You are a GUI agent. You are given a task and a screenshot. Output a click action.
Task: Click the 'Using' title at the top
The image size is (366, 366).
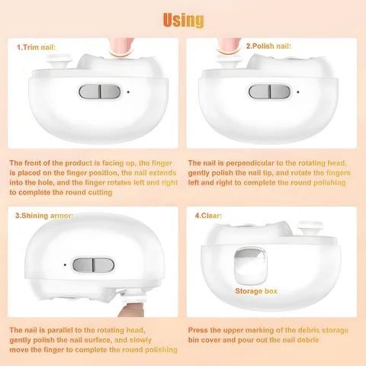(183, 20)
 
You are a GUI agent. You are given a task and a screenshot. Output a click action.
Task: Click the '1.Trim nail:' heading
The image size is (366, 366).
(36, 47)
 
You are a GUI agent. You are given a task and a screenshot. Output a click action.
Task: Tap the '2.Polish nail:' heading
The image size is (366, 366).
(268, 47)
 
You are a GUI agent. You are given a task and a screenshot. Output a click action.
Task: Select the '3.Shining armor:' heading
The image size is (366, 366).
(44, 216)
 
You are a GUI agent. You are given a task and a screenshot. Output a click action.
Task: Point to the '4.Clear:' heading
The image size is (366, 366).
(208, 216)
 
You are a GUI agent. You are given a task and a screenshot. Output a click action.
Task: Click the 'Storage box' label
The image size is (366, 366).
(256, 291)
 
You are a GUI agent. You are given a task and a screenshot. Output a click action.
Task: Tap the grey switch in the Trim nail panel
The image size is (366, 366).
(99, 91)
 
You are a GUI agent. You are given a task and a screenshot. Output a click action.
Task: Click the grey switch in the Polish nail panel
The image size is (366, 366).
(269, 91)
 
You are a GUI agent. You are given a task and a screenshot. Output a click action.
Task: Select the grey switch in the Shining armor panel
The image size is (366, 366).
(93, 265)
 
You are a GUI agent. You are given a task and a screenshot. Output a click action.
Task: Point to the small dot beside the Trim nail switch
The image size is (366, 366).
(128, 91)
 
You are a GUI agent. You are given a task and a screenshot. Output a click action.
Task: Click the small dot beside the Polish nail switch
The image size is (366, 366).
(298, 91)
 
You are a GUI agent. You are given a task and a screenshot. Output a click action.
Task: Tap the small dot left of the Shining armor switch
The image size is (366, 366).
(65, 265)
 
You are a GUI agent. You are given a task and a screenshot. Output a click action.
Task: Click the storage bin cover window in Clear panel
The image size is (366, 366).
(250, 265)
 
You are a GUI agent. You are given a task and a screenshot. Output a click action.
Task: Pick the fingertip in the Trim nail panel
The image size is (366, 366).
(121, 47)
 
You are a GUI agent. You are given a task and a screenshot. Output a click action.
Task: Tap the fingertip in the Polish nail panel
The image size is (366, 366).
(230, 46)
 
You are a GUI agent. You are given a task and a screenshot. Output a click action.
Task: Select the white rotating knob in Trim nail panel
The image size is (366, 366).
(60, 62)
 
